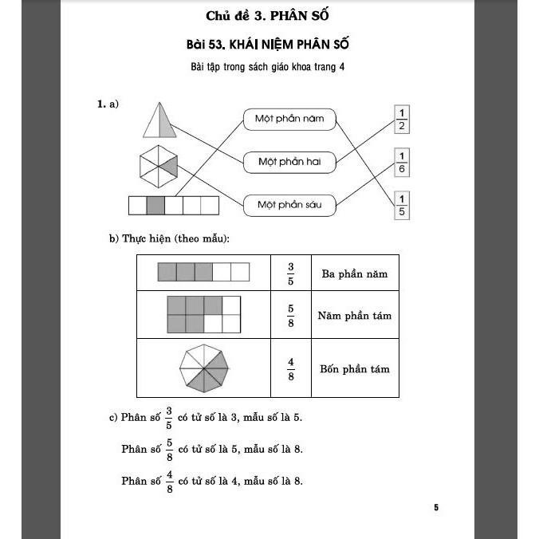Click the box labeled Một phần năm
point(289,119)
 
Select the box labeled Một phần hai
point(289,162)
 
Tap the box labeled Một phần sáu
point(289,205)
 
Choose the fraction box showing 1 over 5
point(402,205)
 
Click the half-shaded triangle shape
point(160,120)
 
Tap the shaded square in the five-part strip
point(155,206)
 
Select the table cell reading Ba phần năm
point(354,274)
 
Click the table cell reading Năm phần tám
point(354,316)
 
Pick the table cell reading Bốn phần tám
point(354,369)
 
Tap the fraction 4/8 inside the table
point(291,368)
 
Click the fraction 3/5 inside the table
point(291,273)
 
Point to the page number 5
point(436,507)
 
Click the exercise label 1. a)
point(108,104)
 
